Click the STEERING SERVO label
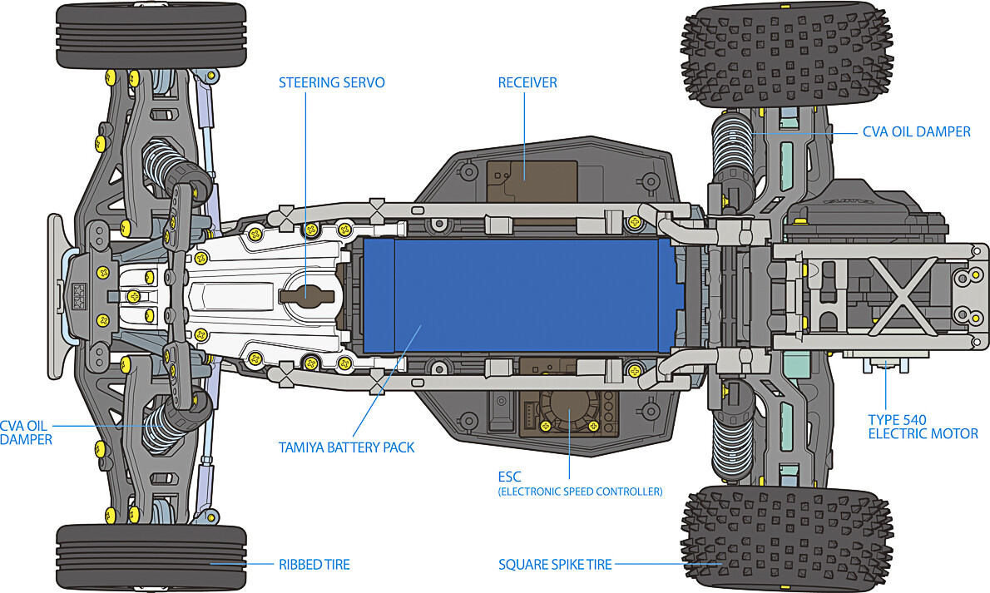331,82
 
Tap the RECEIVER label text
527,82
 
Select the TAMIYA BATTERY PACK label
347,447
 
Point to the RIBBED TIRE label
314,565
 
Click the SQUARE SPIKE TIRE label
555,565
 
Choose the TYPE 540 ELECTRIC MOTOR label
923,427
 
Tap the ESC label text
509,477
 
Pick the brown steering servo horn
306,294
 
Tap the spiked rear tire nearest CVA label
786,56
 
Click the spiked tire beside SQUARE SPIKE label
786,538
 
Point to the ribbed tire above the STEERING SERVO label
151,36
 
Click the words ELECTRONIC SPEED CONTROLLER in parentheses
580,492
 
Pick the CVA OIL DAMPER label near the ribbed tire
26,432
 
